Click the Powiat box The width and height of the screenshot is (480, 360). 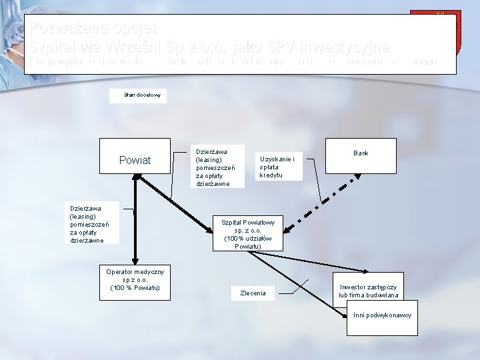pyautogui.click(x=135, y=161)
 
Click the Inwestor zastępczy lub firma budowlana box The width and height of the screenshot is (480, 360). pyautogui.click(x=368, y=291)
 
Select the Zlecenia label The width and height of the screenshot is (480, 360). pyautogui.click(x=253, y=293)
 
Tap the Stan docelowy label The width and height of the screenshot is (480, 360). pyautogui.click(x=138, y=95)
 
